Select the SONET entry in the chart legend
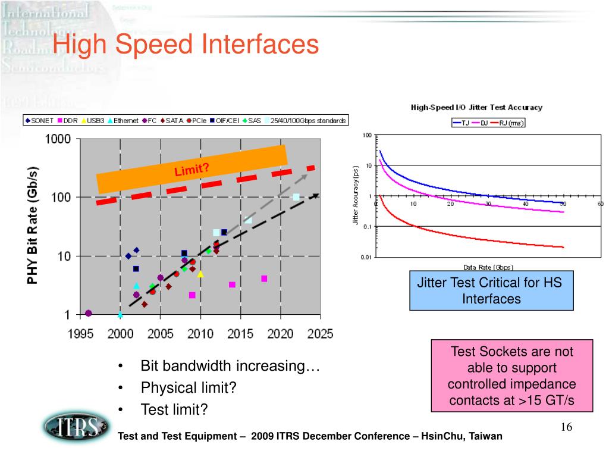(x=39, y=121)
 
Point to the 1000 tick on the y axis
(x=58, y=139)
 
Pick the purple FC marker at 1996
(x=89, y=313)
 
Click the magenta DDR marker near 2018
(x=264, y=278)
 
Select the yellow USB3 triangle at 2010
(x=200, y=274)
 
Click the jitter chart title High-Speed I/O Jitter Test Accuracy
(x=476, y=108)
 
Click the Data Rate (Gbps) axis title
(x=488, y=267)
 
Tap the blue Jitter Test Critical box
(x=491, y=291)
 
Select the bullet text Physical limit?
(x=189, y=388)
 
